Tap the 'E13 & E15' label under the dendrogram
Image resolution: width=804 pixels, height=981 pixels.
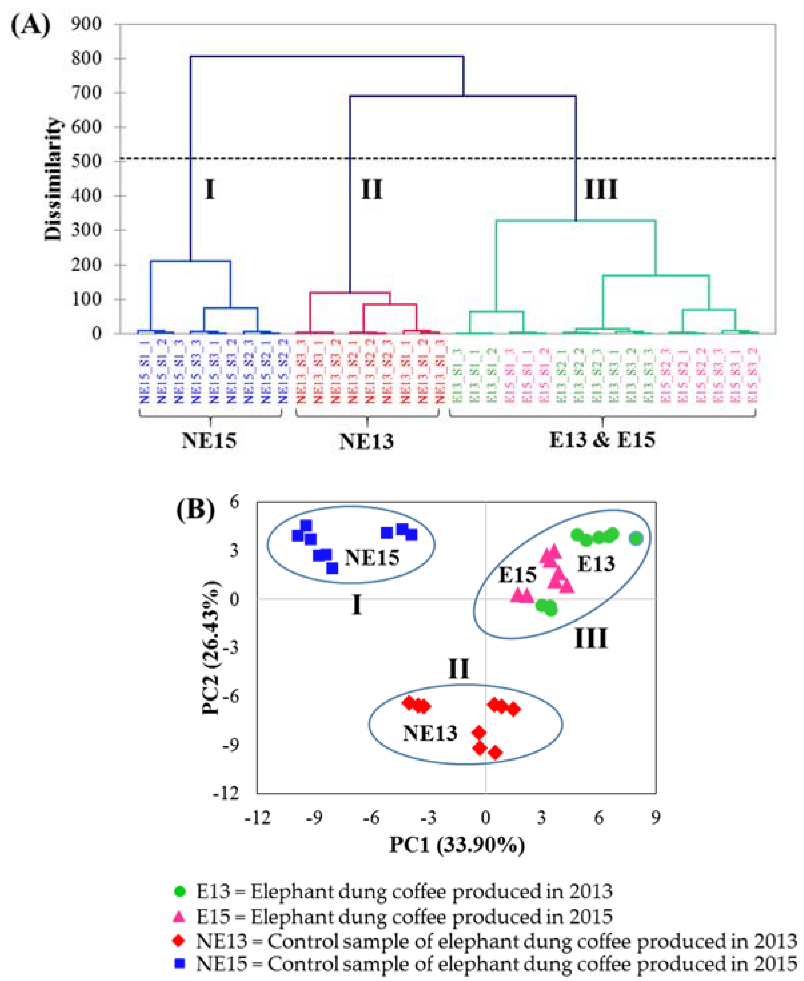(602, 439)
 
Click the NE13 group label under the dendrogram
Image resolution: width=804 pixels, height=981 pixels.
(367, 441)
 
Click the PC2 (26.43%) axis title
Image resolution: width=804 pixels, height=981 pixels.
(211, 647)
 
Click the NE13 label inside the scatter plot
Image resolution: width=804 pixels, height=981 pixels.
(430, 733)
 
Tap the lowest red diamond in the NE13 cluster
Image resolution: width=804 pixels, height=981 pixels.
(495, 753)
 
